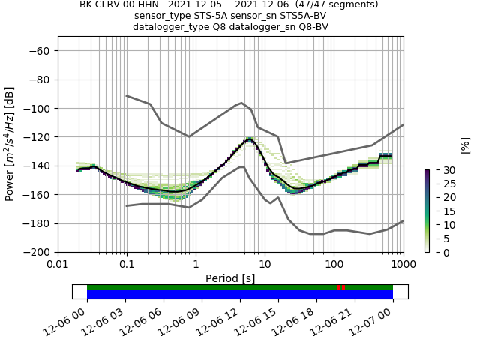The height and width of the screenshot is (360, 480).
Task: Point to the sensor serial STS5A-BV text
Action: (x=298, y=16)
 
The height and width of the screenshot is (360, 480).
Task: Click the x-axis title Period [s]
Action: (x=230, y=278)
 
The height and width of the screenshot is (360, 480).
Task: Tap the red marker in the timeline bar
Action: (x=340, y=288)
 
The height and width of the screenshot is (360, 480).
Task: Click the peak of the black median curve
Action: (x=249, y=139)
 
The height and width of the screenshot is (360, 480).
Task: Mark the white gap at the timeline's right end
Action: (x=400, y=292)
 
